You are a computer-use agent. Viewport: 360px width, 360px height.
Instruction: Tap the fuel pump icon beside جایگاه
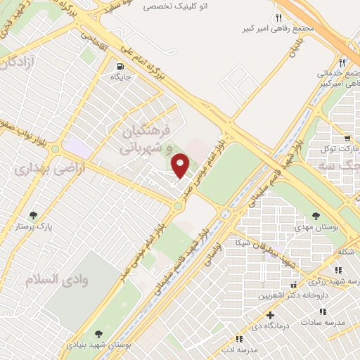[x=120, y=68]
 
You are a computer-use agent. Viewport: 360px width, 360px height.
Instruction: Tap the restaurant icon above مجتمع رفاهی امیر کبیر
[x=279, y=18]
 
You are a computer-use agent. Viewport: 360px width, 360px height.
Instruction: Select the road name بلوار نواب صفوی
[x=24, y=128]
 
